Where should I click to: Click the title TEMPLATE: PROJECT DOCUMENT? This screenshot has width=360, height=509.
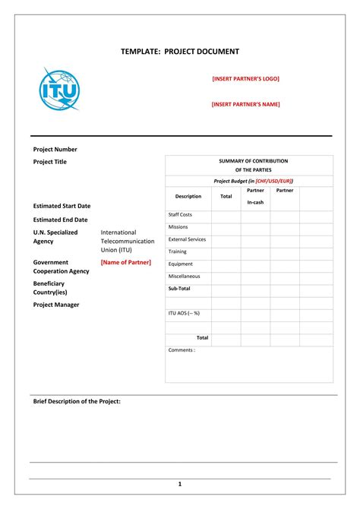[180, 52]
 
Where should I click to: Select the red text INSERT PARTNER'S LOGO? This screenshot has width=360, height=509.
[245, 78]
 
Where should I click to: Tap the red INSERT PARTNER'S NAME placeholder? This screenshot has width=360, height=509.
[245, 105]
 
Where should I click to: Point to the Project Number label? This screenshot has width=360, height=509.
[55, 150]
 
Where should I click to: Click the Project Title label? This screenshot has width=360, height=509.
[50, 162]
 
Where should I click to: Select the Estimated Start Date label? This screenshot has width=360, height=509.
[62, 206]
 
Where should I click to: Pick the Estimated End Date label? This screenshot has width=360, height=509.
[60, 220]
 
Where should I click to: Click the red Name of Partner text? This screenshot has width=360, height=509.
[126, 262]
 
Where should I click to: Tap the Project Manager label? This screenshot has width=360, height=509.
[56, 305]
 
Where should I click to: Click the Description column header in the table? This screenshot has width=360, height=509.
[188, 196]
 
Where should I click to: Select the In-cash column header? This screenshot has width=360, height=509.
[255, 202]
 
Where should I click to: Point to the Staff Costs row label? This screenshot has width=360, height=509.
[180, 215]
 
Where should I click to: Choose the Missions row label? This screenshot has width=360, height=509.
[178, 226]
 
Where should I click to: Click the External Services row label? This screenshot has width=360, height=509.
[187, 239]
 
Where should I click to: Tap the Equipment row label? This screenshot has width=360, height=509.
[181, 264]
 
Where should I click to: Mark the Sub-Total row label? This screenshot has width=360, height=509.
[179, 289]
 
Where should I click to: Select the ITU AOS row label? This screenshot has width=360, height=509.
[184, 313]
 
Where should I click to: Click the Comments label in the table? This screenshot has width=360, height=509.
[182, 350]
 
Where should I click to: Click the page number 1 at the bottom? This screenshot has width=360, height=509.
[180, 484]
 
